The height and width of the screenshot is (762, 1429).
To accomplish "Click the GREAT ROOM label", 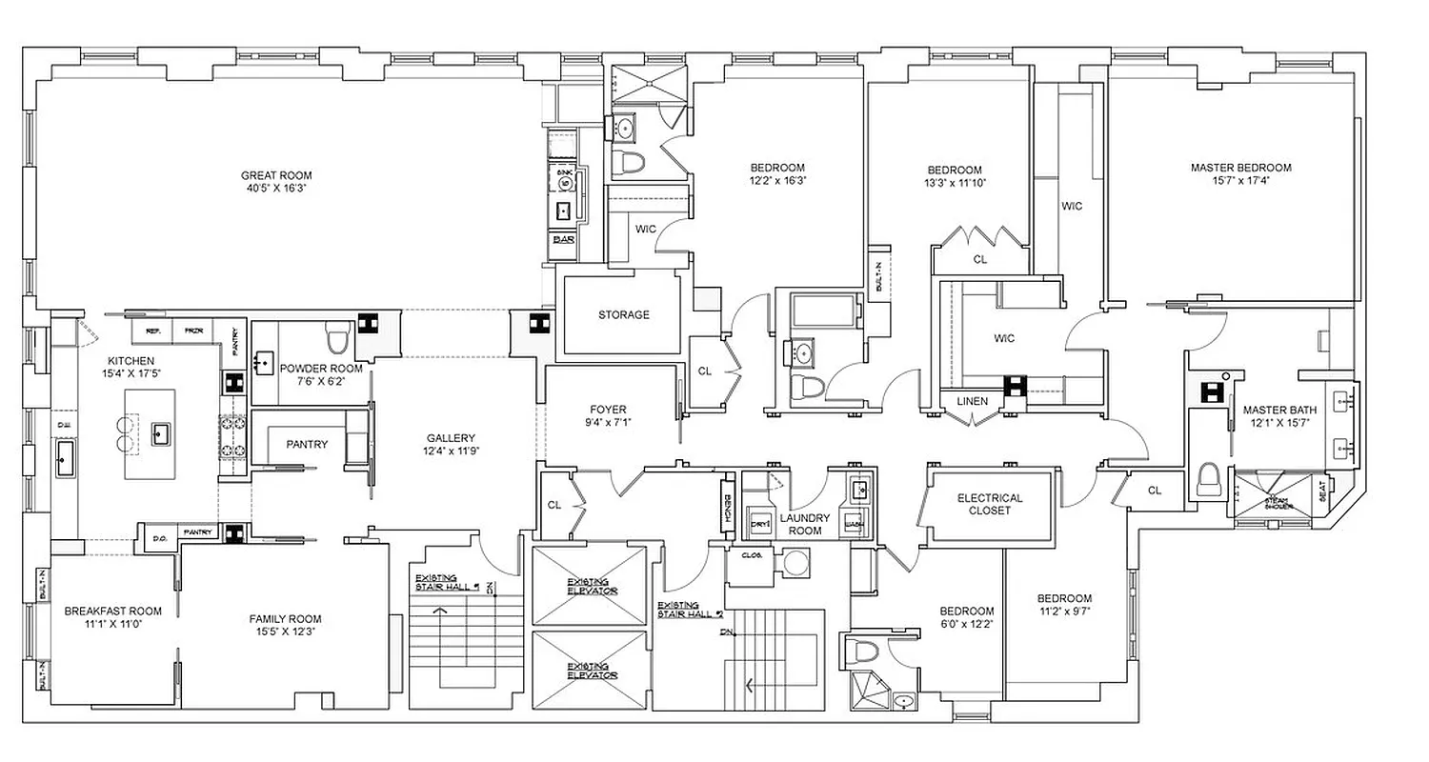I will click(x=275, y=175).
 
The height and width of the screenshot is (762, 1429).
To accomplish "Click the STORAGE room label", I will click(x=623, y=314).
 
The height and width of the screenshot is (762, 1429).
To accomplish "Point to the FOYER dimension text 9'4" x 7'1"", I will click(x=609, y=423).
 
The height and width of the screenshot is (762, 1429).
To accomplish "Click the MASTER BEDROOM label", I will click(x=1240, y=168).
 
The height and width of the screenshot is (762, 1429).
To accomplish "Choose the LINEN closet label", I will click(x=972, y=402).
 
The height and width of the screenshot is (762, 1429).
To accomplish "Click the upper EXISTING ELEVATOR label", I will click(x=592, y=586).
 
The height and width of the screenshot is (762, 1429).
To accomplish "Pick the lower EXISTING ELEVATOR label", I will click(x=592, y=671).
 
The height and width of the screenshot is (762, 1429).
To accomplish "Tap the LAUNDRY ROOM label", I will click(x=806, y=524).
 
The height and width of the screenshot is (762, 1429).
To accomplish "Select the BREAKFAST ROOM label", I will click(x=112, y=612).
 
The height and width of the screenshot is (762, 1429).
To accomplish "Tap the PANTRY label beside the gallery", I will click(x=306, y=444).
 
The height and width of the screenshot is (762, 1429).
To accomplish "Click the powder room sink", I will click(x=264, y=362).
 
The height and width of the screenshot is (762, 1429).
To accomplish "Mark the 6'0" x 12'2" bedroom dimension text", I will click(x=966, y=625).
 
